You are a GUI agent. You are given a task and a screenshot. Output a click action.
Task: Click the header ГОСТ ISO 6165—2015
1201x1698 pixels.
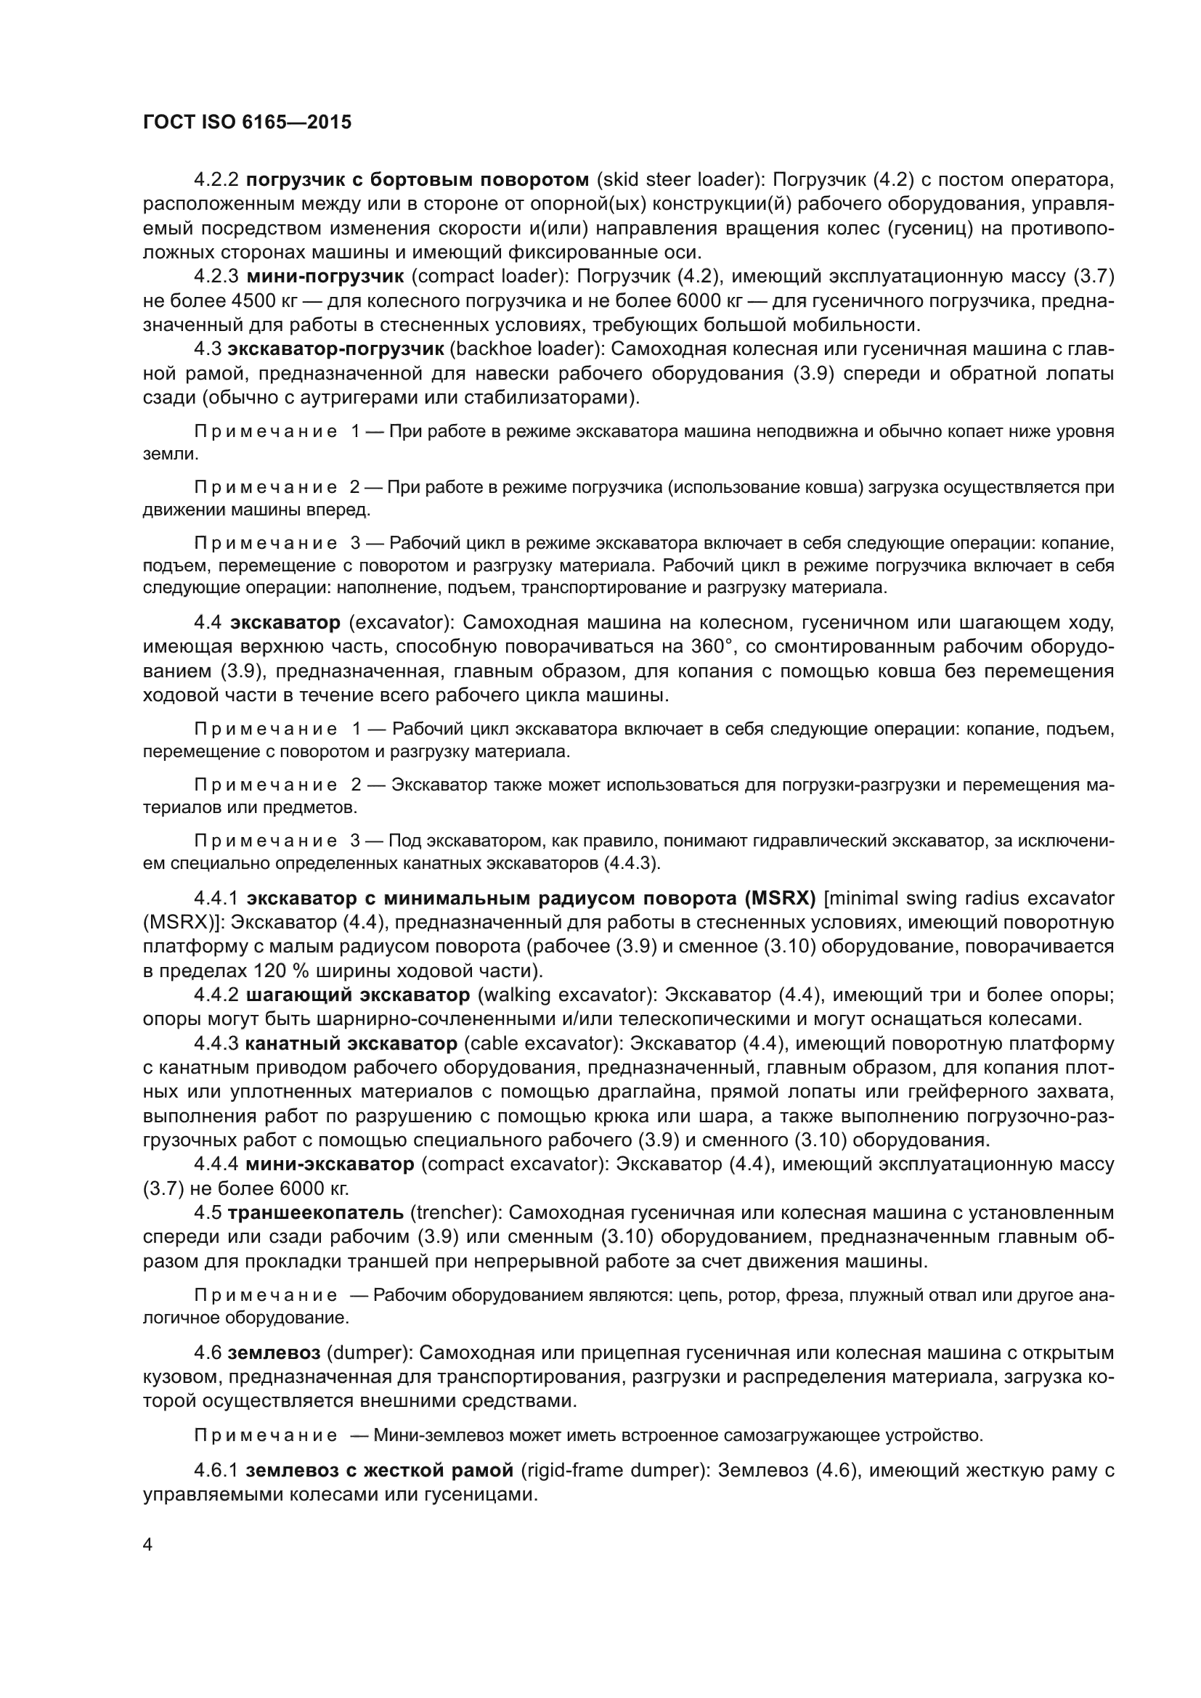coord(247,122)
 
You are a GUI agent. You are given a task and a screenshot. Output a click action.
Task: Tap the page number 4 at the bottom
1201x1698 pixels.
coord(148,1546)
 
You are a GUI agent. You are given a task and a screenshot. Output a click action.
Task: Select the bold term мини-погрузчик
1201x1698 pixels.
coord(325,277)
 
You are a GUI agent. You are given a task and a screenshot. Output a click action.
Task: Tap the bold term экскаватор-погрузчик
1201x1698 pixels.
coord(335,349)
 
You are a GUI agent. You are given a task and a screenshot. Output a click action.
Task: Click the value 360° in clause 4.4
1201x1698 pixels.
coord(711,646)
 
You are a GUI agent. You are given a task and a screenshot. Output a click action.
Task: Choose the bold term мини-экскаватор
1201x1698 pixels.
coord(329,1164)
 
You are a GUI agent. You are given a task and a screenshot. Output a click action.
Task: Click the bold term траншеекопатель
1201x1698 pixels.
coord(316,1213)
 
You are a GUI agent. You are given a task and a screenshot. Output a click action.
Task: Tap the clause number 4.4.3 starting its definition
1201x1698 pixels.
coord(216,1043)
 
